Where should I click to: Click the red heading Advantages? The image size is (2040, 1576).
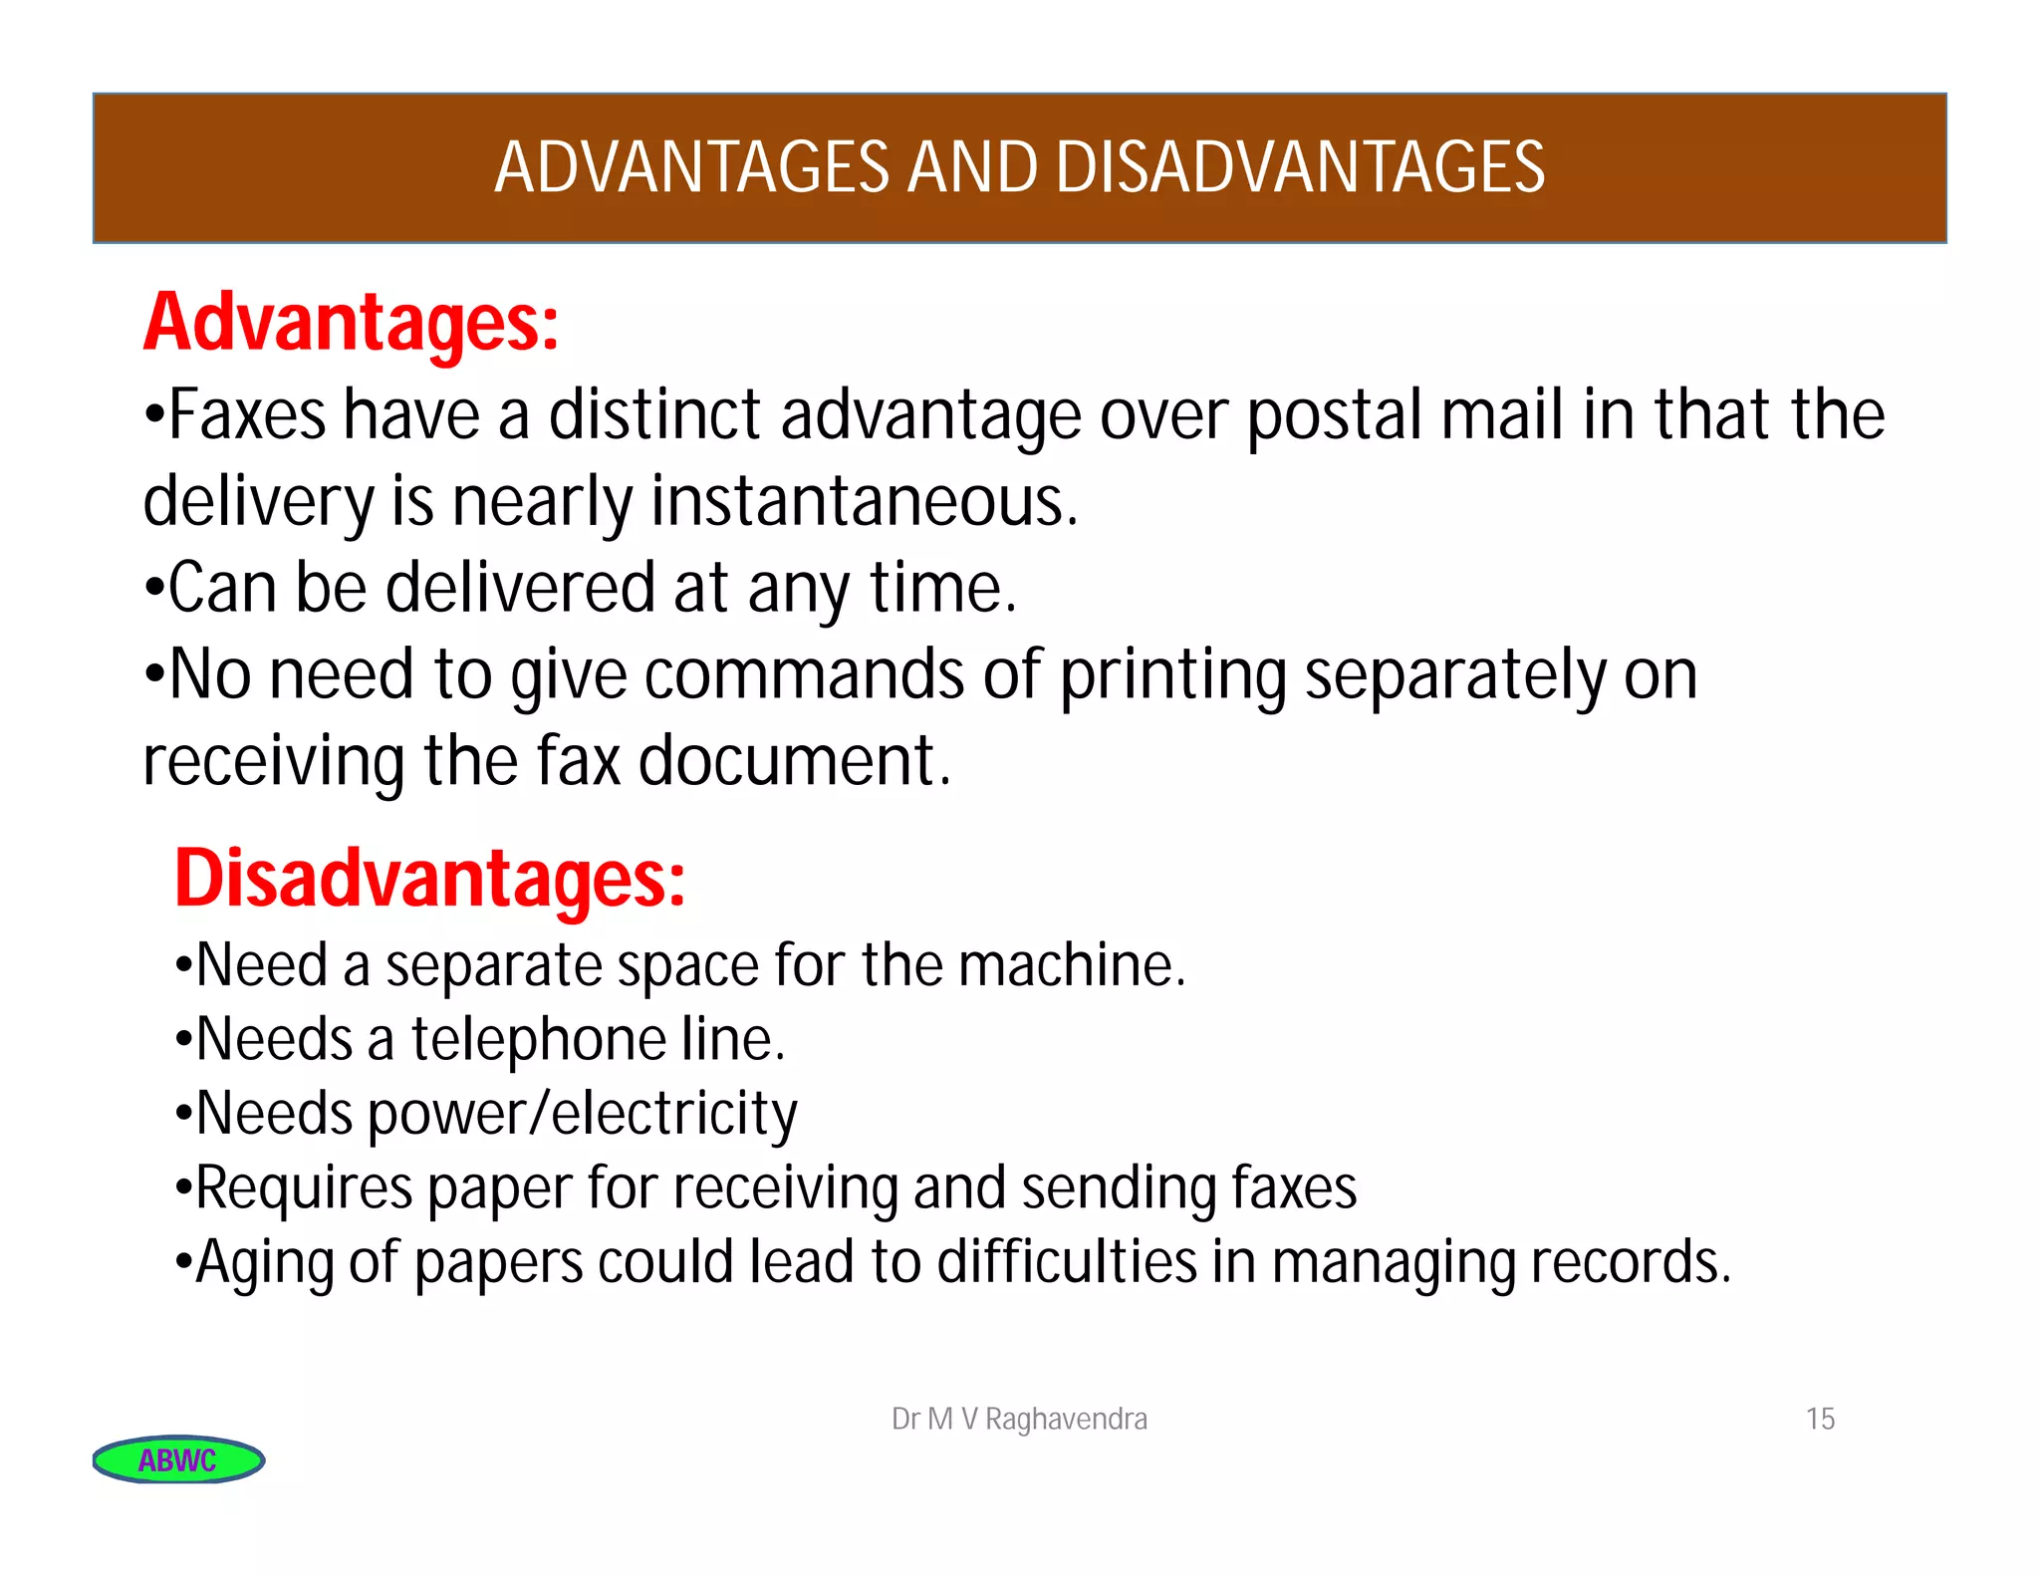pyautogui.click(x=351, y=323)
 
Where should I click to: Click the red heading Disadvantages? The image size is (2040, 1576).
pyautogui.click(x=430, y=879)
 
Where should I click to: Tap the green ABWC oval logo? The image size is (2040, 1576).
pyautogui.click(x=178, y=1459)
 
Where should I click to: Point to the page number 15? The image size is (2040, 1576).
pyautogui.click(x=1820, y=1419)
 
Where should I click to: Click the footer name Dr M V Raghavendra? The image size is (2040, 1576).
pyautogui.click(x=1019, y=1419)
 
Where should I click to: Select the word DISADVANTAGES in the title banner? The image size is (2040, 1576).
pyautogui.click(x=1299, y=167)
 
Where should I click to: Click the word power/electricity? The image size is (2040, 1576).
pyautogui.click(x=583, y=1114)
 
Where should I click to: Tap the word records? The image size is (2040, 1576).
pyautogui.click(x=1630, y=1261)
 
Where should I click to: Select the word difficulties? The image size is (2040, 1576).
pyautogui.click(x=1067, y=1261)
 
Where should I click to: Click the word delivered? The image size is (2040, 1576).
pyautogui.click(x=520, y=588)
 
